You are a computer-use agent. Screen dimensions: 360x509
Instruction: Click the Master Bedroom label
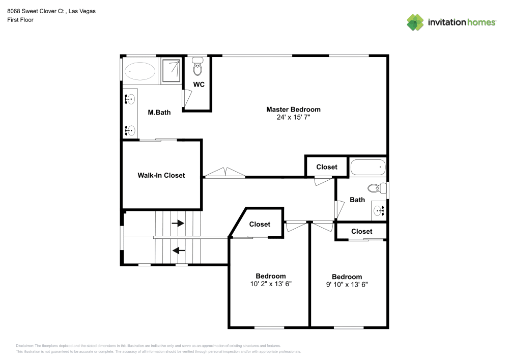293,109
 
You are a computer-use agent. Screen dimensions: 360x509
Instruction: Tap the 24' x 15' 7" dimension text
293,117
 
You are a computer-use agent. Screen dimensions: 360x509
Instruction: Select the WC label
199,85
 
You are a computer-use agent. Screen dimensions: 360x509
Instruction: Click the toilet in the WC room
197,67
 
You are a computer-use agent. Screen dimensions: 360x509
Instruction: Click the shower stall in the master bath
171,70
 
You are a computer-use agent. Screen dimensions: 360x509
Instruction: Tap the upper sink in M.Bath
130,99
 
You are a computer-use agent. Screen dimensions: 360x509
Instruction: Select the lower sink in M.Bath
130,130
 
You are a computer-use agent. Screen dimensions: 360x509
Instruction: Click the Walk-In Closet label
161,175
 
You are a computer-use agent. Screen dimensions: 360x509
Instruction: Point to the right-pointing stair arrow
178,223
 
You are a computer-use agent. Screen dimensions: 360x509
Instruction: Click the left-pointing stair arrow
179,251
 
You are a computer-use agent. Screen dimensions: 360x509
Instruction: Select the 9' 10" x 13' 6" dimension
347,285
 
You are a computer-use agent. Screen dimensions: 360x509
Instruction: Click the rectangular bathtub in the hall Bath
367,167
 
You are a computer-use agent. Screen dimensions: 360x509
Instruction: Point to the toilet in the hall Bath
375,188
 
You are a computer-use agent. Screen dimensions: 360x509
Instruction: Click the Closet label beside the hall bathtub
327,167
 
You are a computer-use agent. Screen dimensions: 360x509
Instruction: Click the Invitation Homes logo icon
415,22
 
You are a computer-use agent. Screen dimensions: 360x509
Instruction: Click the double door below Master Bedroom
224,173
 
